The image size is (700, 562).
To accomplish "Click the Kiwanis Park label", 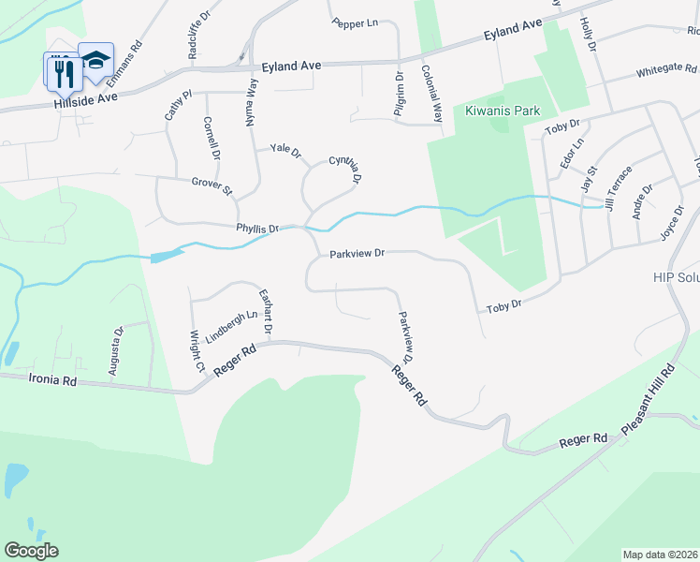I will [503, 111].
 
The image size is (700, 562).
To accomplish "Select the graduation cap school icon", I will [95, 59].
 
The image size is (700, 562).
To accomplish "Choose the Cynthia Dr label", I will [344, 170].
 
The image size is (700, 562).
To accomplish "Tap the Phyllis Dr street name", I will [257, 228].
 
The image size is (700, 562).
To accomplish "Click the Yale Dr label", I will [285, 150].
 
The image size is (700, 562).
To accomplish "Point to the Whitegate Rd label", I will [666, 70].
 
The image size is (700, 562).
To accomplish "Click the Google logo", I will [31, 551].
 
